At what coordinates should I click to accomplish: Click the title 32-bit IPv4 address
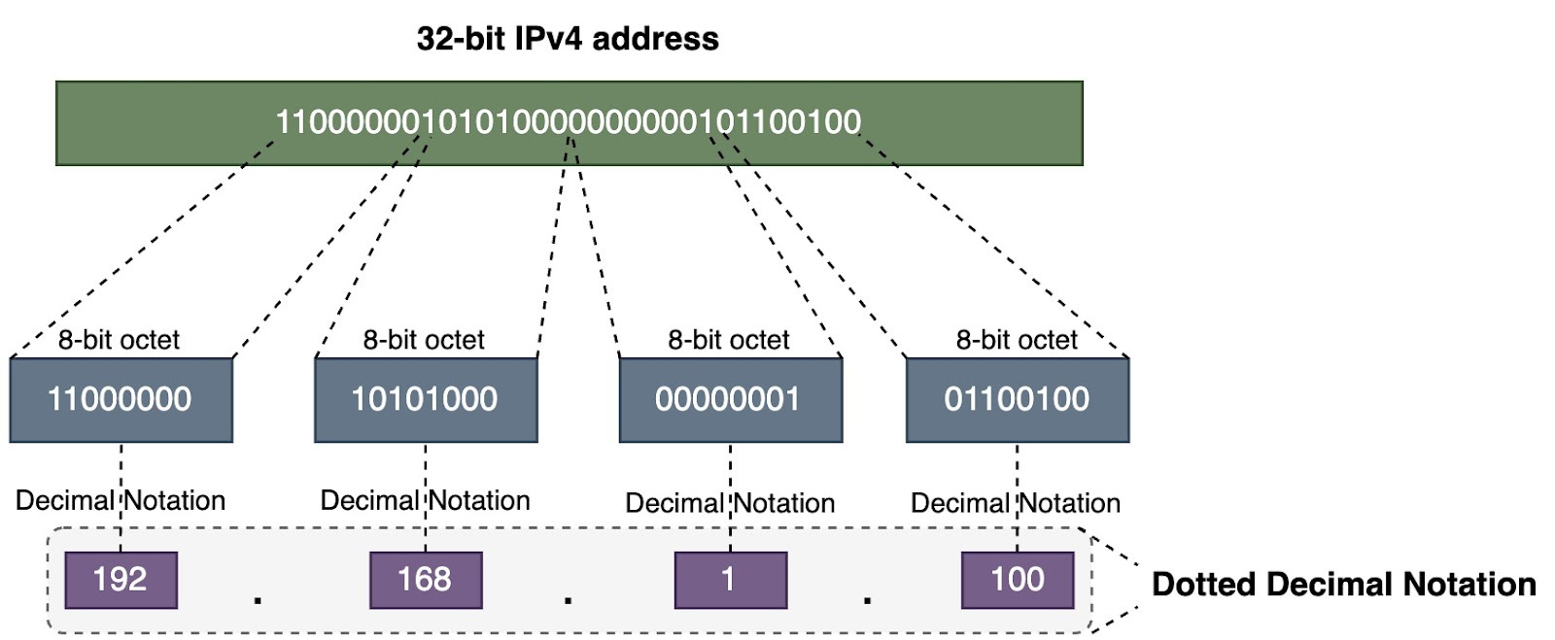pos(568,39)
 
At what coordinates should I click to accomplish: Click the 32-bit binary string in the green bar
pos(569,122)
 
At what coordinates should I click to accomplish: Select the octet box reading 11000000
pos(121,399)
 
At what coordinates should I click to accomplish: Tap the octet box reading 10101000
pos(425,399)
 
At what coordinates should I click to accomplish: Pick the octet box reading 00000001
pos(729,399)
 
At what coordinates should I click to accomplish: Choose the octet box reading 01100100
pos(1017,399)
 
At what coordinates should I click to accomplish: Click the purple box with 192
pos(121,580)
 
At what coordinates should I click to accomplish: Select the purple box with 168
pos(425,580)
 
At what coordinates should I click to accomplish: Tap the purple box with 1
pos(730,580)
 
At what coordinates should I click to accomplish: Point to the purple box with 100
pos(1017,580)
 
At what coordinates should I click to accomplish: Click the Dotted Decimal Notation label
pos(1343,585)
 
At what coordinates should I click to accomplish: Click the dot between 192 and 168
pos(258,600)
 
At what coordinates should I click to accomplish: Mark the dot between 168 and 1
pos(568,600)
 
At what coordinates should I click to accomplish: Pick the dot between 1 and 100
pos(867,600)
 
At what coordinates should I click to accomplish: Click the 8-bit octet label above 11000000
pos(119,340)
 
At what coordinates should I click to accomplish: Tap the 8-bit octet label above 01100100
pos(1017,340)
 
